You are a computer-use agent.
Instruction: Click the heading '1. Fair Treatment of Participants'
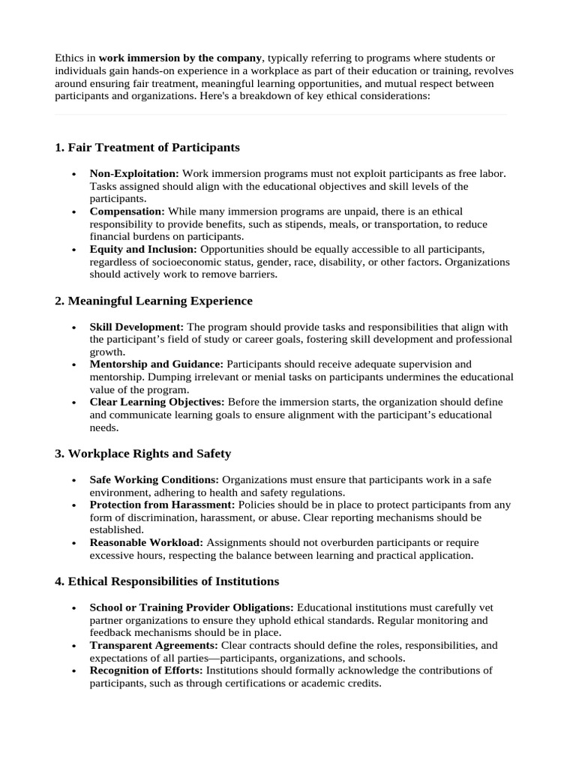[147, 147]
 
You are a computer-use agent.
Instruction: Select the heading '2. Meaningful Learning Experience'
[154, 301]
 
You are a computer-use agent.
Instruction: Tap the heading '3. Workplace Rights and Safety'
[142, 454]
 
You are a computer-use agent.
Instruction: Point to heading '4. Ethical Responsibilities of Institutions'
[166, 581]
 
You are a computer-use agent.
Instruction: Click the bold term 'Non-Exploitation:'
[134, 173]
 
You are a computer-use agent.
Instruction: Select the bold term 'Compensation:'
[127, 211]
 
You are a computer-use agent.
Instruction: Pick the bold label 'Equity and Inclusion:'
[143, 250]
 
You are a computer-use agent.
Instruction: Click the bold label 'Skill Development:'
[136, 327]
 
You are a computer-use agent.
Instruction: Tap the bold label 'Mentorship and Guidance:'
[156, 364]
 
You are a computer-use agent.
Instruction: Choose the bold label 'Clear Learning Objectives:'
[157, 403]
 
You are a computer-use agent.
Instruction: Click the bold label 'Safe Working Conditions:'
[154, 480]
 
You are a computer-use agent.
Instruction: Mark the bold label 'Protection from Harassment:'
[162, 505]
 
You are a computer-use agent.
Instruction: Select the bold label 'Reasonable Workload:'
[146, 543]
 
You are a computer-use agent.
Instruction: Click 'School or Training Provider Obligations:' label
[192, 607]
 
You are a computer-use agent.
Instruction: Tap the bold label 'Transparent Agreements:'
[154, 646]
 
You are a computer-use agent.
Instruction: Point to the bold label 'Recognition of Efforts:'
[146, 671]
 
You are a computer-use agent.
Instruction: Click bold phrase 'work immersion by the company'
[181, 58]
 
